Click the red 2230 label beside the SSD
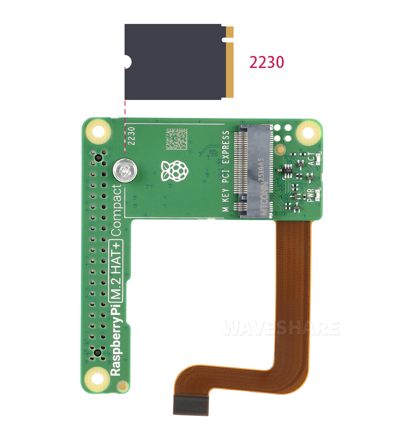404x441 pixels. pyautogui.click(x=266, y=63)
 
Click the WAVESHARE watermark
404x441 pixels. pyautogui.click(x=281, y=328)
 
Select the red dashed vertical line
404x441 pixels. pyautogui.click(x=125, y=126)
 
